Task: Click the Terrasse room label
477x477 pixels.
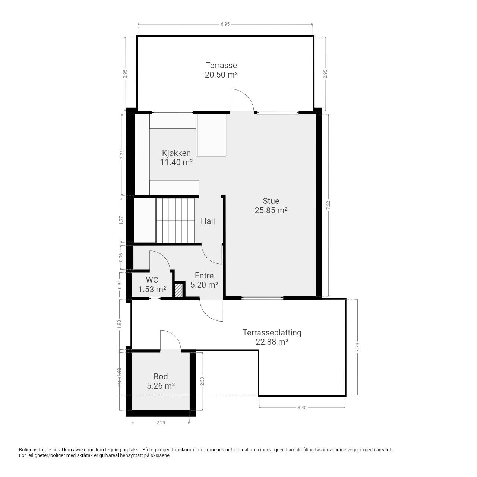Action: pyautogui.click(x=221, y=65)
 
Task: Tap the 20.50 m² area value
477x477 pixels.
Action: pyautogui.click(x=221, y=75)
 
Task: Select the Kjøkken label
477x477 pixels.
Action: pyautogui.click(x=176, y=153)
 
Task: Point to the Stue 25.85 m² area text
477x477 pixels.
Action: pyautogui.click(x=271, y=210)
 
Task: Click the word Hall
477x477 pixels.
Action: pyautogui.click(x=208, y=221)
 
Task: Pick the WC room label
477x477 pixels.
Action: pyautogui.click(x=152, y=280)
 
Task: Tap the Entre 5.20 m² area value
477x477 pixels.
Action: pyautogui.click(x=204, y=285)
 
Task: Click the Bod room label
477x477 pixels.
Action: pyautogui.click(x=161, y=376)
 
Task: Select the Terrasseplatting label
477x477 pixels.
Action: pyautogui.click(x=272, y=333)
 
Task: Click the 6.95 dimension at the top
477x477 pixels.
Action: pyautogui.click(x=225, y=24)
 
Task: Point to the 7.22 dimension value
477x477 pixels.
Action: pyautogui.click(x=328, y=205)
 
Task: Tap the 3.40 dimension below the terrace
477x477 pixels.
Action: pyautogui.click(x=302, y=408)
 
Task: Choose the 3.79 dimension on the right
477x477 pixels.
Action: pyautogui.click(x=357, y=347)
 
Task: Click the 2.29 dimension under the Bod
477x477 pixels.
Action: pyautogui.click(x=161, y=423)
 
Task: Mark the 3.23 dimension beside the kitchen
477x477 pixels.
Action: pyautogui.click(x=122, y=155)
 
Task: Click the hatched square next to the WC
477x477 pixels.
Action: pyautogui.click(x=179, y=290)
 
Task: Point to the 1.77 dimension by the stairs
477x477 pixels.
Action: pyautogui.click(x=121, y=220)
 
